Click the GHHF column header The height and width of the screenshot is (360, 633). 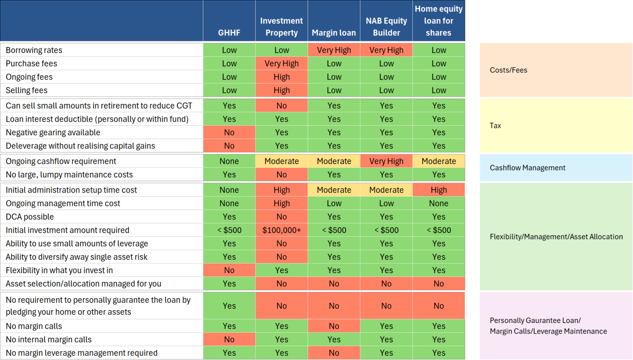tap(229, 33)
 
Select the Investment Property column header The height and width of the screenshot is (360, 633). tap(281, 27)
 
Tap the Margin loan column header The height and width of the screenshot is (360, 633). tap(334, 33)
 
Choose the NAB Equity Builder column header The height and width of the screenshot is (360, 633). tap(386, 27)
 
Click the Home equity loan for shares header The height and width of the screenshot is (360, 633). tap(438, 21)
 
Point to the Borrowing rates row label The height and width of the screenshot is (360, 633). tap(34, 50)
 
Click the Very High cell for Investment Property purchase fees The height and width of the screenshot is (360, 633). tap(281, 64)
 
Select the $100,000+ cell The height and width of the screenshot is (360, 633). tap(281, 230)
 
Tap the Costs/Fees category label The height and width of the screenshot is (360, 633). tap(509, 70)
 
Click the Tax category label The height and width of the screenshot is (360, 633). tap(495, 126)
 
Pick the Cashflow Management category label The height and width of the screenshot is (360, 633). tap(527, 168)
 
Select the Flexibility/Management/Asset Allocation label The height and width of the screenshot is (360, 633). tap(556, 237)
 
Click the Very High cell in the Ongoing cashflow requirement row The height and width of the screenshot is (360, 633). tap(386, 161)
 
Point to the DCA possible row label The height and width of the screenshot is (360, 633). tap(30, 217)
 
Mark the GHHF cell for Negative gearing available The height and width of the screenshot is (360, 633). tap(229, 132)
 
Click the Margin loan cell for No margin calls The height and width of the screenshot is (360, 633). tap(334, 326)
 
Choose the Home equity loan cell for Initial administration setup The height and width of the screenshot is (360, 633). tap(438, 190)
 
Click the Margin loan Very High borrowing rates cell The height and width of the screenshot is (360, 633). tap(334, 50)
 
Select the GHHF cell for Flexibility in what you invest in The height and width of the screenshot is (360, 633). tap(229, 271)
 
